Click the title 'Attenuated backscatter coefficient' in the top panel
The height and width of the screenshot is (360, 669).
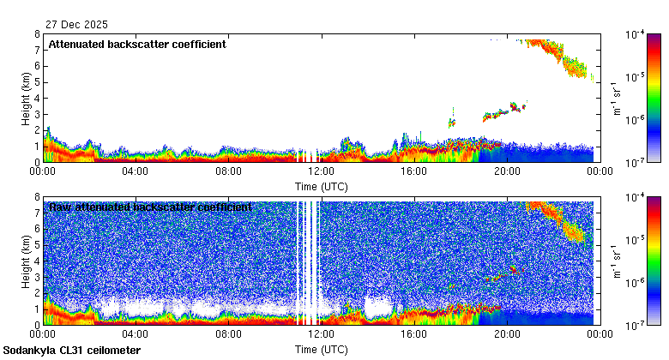[x=137, y=45]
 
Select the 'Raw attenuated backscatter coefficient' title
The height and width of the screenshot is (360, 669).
[x=150, y=207]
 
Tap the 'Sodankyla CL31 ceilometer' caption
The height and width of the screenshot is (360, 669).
[x=72, y=351]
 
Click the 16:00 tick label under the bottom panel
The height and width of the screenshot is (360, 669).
[x=413, y=335]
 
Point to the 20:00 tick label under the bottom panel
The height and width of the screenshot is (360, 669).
[x=506, y=335]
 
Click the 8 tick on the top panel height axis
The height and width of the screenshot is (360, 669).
[x=37, y=34]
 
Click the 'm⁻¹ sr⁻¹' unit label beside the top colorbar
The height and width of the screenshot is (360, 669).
[x=616, y=98]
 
